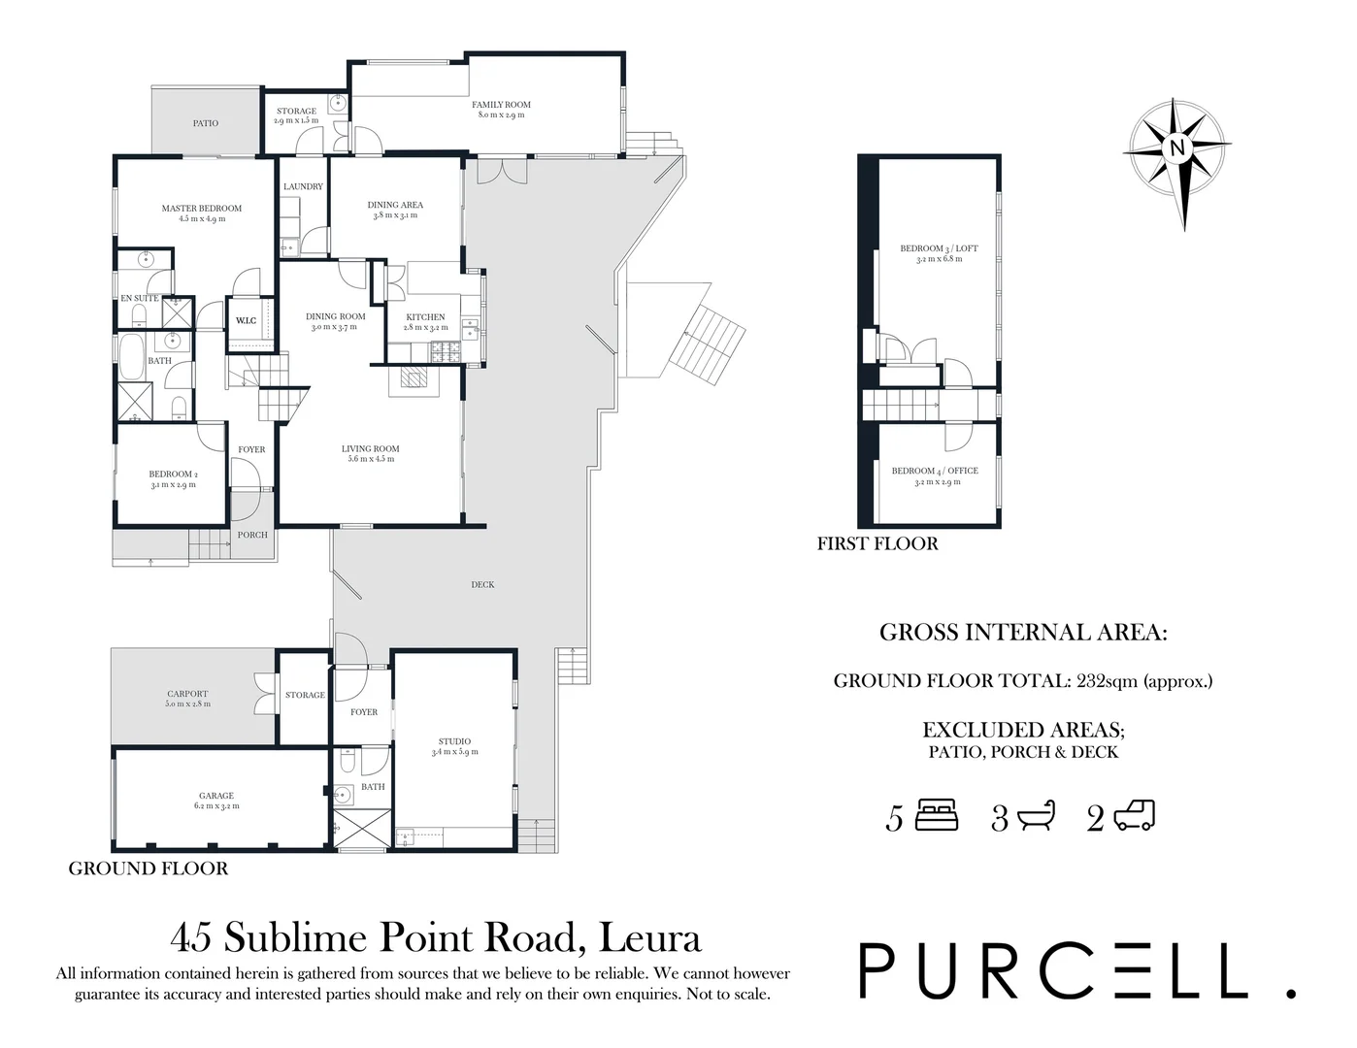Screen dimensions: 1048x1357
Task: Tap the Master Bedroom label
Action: (x=201, y=209)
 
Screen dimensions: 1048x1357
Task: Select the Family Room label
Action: (x=501, y=105)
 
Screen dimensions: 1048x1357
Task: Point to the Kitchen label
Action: (x=425, y=317)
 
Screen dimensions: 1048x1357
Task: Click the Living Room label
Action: (x=370, y=449)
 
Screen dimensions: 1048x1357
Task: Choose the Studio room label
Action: (x=454, y=742)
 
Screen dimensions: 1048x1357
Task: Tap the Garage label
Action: (x=216, y=796)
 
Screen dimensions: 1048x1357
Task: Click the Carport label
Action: (x=187, y=694)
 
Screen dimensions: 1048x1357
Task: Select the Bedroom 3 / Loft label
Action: (x=939, y=248)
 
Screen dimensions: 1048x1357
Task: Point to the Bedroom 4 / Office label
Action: (x=935, y=471)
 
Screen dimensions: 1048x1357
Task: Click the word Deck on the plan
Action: (x=482, y=584)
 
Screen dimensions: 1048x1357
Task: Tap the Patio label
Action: (x=205, y=123)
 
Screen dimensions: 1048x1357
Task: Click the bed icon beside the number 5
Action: (x=938, y=815)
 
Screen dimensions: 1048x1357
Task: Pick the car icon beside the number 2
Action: (x=1134, y=816)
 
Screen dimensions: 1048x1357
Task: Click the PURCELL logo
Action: (x=1076, y=969)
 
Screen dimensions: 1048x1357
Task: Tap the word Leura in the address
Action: (x=650, y=937)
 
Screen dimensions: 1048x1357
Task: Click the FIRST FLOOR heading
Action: (x=877, y=543)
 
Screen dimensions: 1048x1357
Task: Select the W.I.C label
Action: (x=246, y=320)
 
